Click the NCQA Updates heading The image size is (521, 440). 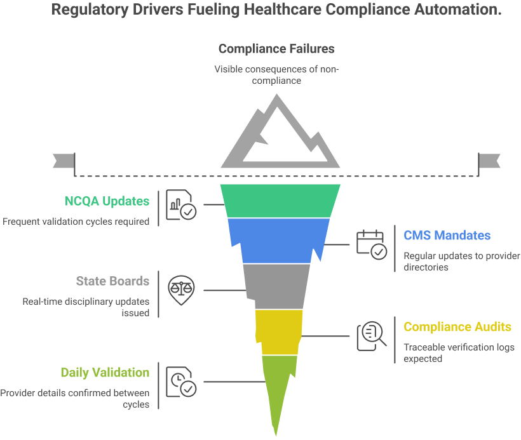click(107, 201)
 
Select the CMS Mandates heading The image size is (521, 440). click(447, 235)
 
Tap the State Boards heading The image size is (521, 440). click(112, 281)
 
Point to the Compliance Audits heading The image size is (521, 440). click(457, 327)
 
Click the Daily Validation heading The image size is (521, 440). click(105, 373)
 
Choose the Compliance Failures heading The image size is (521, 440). click(276, 48)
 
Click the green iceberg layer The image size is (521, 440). click(280, 201)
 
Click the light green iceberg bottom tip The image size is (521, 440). click(277, 387)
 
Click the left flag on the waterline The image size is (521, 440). click(64, 161)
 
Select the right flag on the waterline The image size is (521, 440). click(490, 161)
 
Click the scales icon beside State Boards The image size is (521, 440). click(182, 290)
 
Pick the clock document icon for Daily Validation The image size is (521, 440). click(181, 382)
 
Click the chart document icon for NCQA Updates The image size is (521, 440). click(181, 205)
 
